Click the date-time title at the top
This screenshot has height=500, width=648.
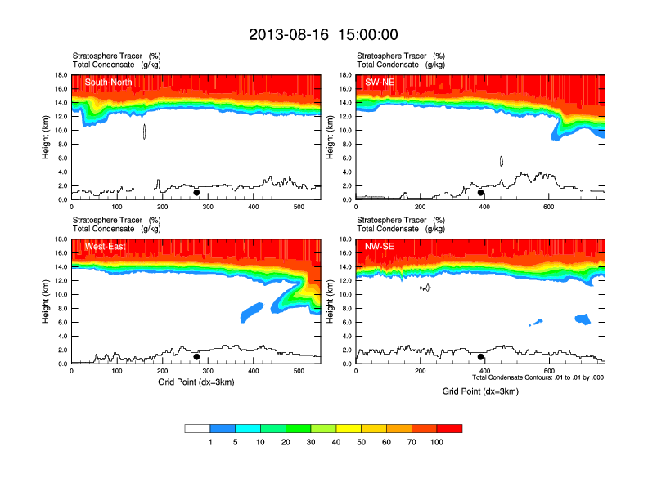click(x=323, y=34)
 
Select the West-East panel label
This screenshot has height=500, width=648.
click(x=105, y=246)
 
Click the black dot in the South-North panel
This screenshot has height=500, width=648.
click(x=196, y=193)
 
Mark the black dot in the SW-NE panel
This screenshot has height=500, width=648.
click(x=481, y=193)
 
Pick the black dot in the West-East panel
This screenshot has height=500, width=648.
click(x=196, y=357)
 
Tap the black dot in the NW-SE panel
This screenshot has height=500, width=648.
click(x=481, y=357)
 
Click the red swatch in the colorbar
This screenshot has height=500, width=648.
click(x=450, y=428)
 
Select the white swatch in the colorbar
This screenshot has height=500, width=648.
click(x=197, y=428)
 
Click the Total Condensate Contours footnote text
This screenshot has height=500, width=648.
click(x=538, y=377)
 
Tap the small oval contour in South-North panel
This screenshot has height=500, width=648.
click(x=144, y=132)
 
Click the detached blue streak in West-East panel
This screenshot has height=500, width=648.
click(x=252, y=311)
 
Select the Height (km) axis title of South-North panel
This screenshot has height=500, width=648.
click(x=47, y=137)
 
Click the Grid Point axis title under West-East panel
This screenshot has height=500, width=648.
click(x=196, y=382)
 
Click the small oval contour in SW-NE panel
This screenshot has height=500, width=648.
click(x=501, y=161)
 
